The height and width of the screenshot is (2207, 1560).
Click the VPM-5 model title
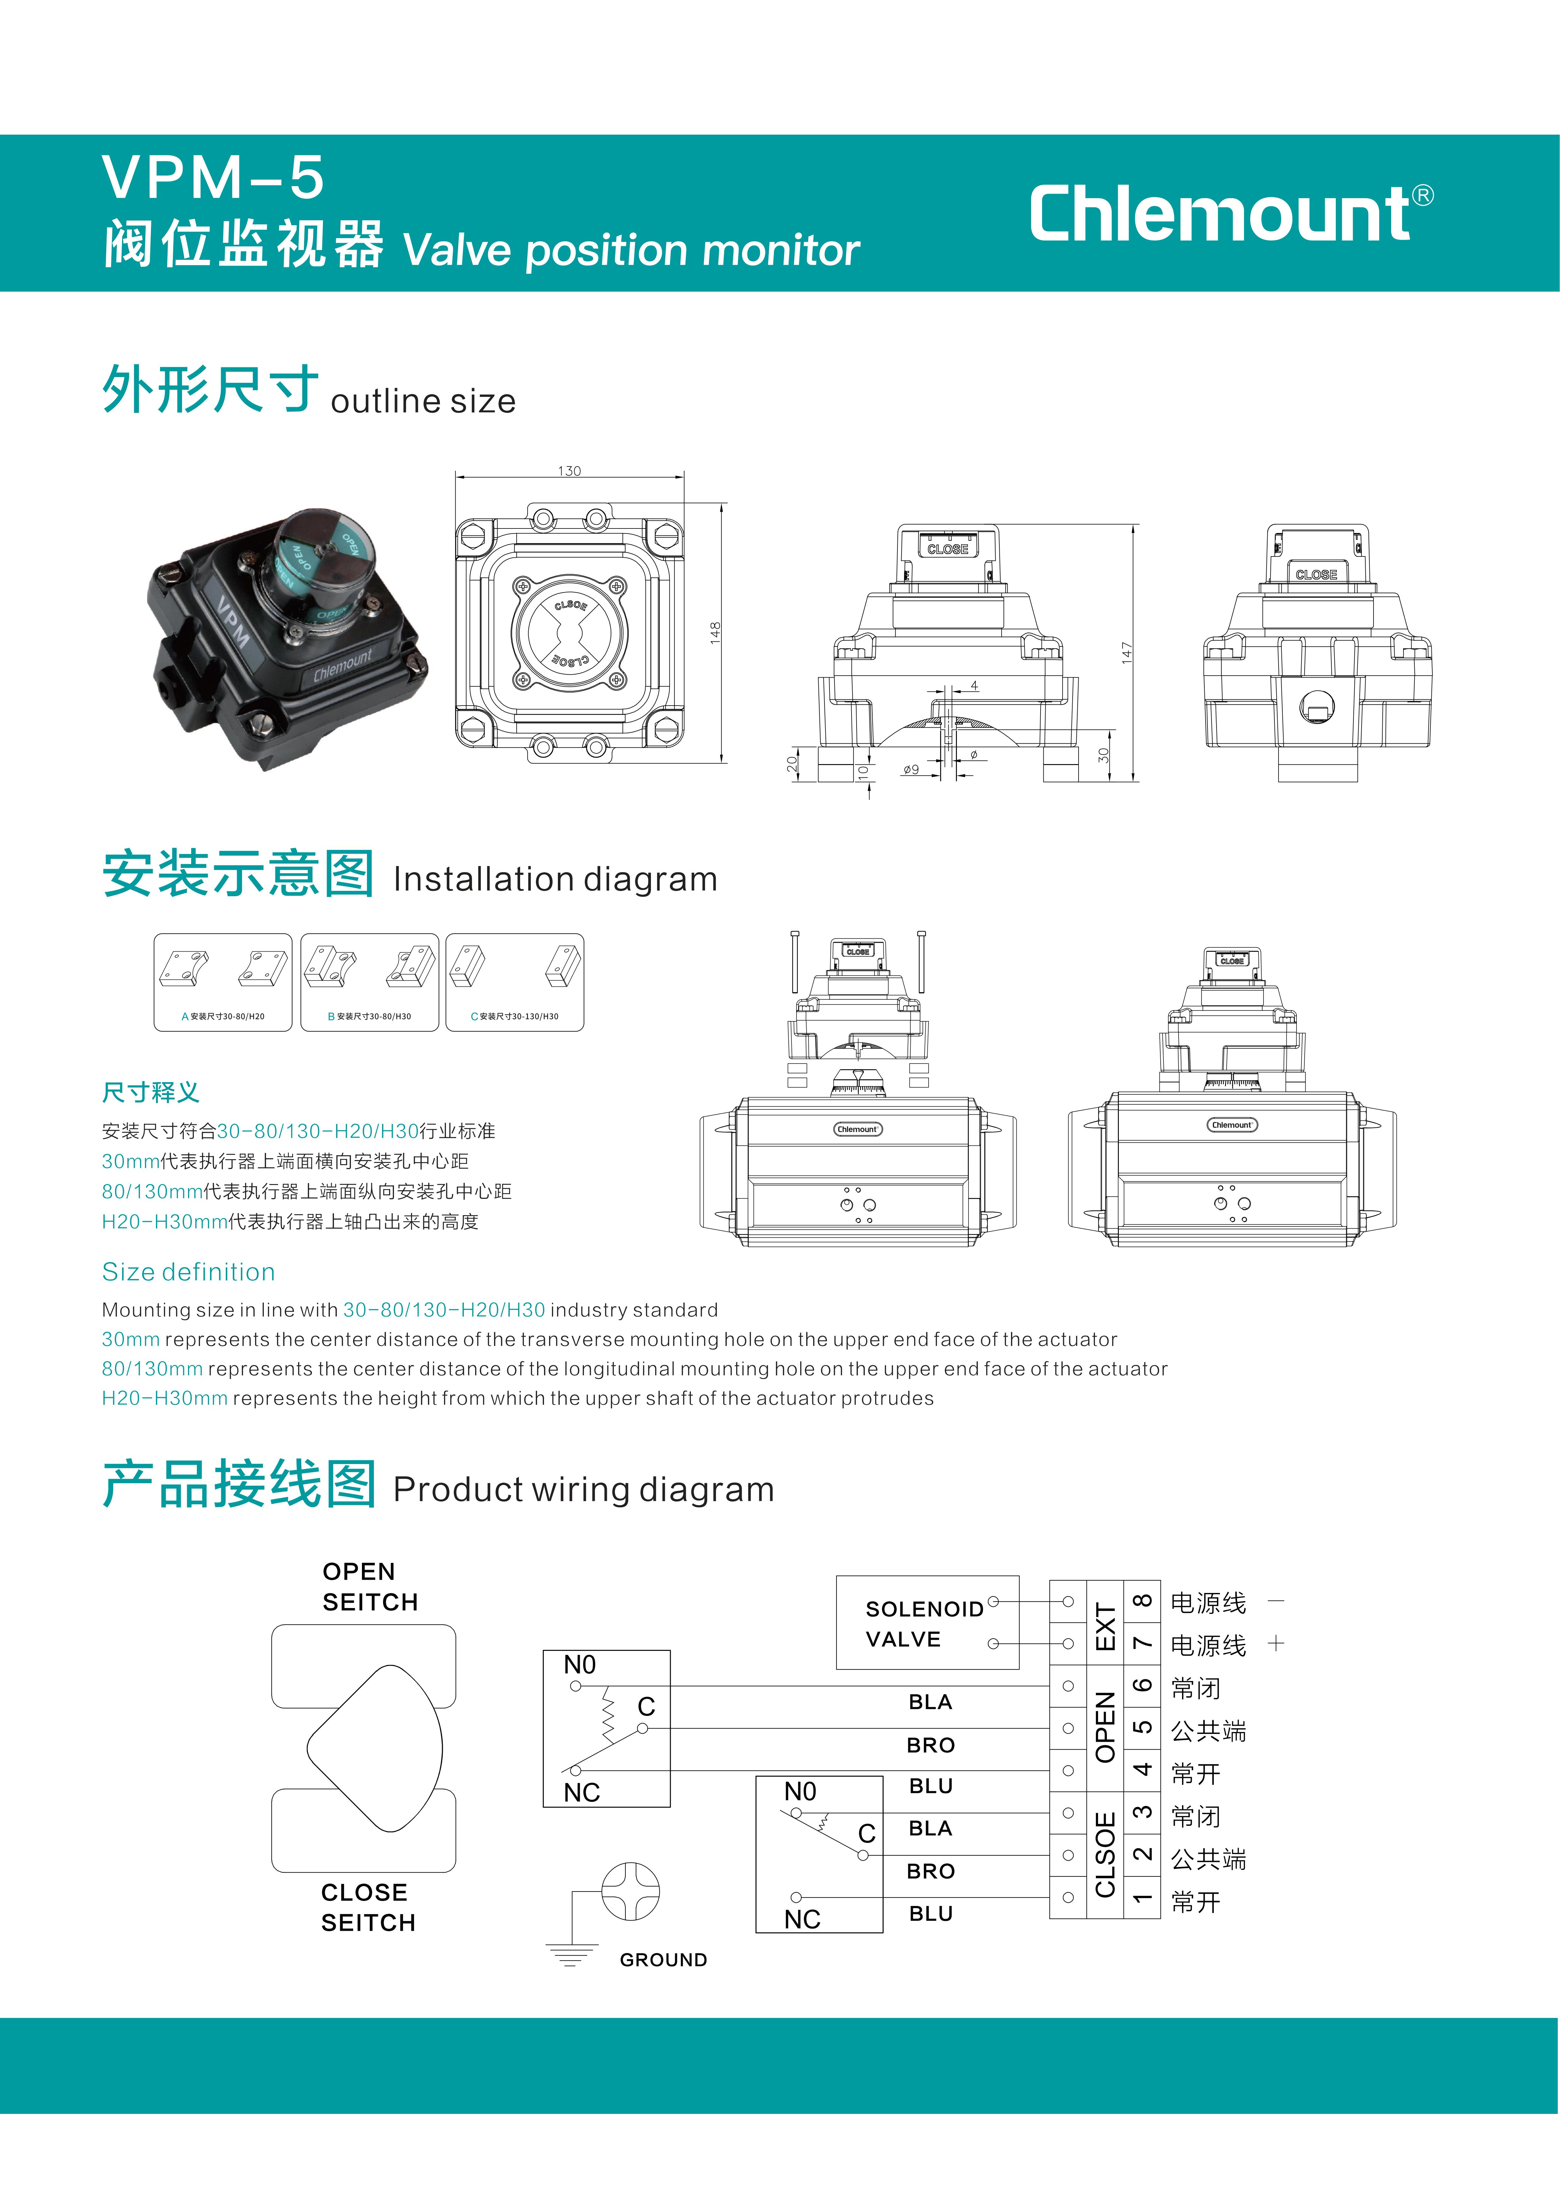click(214, 178)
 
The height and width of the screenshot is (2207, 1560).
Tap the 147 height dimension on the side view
click(1126, 653)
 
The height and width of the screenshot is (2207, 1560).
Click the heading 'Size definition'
click(188, 1272)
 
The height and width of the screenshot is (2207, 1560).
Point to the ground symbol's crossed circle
click(630, 1891)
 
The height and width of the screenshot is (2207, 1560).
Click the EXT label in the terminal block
click(1105, 1623)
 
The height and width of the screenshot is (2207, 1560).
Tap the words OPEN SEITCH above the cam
click(370, 1587)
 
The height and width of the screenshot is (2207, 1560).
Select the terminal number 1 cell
click(1142, 1898)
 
